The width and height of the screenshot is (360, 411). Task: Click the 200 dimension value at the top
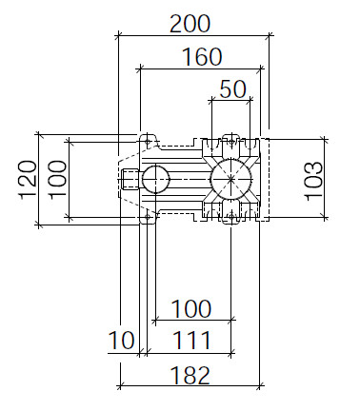pos(190,24)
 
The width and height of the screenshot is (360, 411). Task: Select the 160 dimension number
pos(202,57)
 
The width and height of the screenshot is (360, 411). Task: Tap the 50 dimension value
pos(232,89)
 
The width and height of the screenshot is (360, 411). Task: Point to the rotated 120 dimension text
pos(28,180)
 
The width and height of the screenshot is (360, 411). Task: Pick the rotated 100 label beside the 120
pos(57,180)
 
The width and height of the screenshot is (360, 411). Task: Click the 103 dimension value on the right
pos(313,181)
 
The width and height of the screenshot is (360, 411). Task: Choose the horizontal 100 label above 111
pos(191,309)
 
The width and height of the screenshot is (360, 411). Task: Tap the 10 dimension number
pos(122,341)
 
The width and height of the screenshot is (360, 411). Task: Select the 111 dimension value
pos(191,341)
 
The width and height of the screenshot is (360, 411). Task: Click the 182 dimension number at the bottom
pos(190,375)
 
